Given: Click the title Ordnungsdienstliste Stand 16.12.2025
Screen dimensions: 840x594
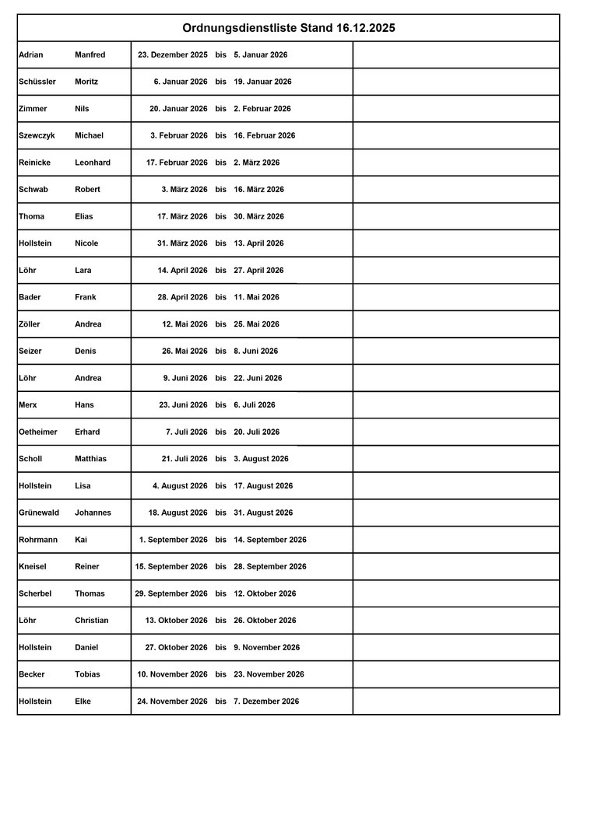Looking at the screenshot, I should [x=289, y=28].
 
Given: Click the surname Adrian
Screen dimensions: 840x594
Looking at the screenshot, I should [x=31, y=55].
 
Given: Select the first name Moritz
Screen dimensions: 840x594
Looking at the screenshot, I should [x=86, y=82].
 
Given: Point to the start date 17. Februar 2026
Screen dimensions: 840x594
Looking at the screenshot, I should [x=177, y=163].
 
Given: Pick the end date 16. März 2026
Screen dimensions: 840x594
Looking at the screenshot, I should [x=258, y=190].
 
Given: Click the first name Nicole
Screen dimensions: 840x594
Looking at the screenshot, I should [x=86, y=243].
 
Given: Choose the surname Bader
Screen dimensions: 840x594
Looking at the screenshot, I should [x=30, y=297].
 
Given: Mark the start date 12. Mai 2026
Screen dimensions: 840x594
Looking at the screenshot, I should [x=185, y=324].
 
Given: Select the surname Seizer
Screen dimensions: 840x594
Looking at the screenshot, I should [x=30, y=351].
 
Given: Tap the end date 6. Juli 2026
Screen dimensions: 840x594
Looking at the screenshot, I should [x=254, y=405].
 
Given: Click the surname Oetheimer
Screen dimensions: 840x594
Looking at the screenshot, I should [x=38, y=432].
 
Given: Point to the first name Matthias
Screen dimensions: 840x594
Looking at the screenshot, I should [x=91, y=459].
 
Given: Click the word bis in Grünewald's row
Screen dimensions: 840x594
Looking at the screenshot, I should [x=221, y=513].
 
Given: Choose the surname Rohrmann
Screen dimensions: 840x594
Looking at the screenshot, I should [x=38, y=540].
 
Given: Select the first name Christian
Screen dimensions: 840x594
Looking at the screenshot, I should [x=92, y=621].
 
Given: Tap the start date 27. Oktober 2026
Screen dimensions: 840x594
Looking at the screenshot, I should [x=176, y=647].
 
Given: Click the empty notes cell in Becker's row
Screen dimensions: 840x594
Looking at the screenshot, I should [x=455, y=674].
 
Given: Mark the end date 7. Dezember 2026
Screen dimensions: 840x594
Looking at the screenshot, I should [x=266, y=702].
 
